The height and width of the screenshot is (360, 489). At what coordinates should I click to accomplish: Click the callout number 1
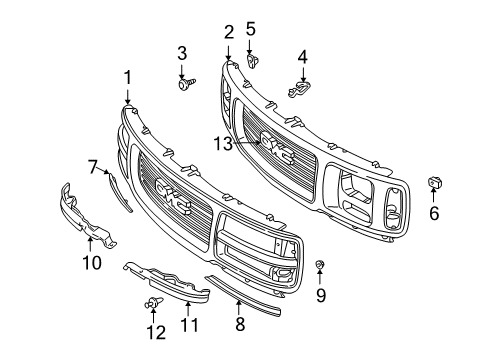pyautogui.click(x=127, y=78)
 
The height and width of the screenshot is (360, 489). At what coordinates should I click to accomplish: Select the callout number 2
pyautogui.click(x=228, y=31)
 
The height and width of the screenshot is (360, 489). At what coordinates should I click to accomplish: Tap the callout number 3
pyautogui.click(x=182, y=53)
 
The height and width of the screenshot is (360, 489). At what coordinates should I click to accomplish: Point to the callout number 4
pyautogui.click(x=302, y=57)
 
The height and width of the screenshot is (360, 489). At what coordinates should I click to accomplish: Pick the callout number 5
pyautogui.click(x=250, y=29)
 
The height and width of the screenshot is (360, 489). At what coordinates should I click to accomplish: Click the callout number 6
pyautogui.click(x=434, y=213)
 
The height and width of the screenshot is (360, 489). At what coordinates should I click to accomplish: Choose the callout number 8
pyautogui.click(x=238, y=323)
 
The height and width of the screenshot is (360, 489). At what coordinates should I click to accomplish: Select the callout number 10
pyautogui.click(x=91, y=264)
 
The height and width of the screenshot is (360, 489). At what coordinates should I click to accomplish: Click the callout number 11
pyautogui.click(x=190, y=325)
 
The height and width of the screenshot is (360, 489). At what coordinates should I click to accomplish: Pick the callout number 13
pyautogui.click(x=222, y=143)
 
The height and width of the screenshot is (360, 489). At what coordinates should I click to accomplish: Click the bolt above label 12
pyautogui.click(x=154, y=301)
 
